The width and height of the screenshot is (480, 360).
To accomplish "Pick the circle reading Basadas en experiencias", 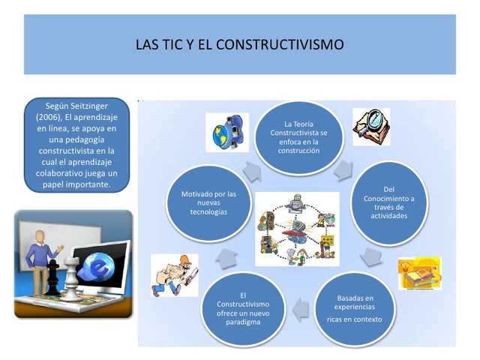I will point(354,307).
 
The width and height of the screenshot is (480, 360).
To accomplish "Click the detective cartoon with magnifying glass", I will point(174,275).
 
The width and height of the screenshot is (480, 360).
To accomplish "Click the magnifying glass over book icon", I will point(371,126).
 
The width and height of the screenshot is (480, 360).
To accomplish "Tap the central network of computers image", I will point(297,229).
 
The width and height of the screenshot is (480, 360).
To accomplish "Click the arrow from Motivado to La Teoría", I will point(251,170).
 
